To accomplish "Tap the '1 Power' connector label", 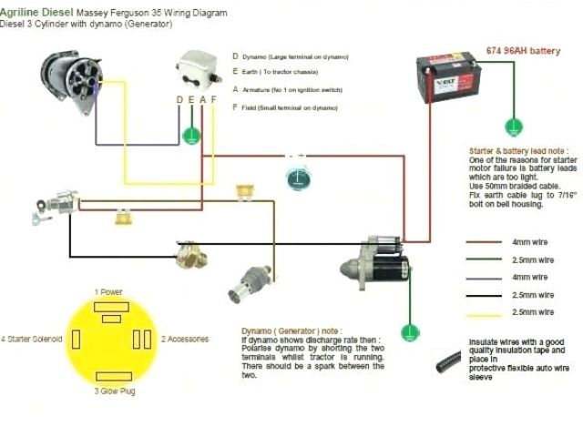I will coord(108,292).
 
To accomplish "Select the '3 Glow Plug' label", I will coord(110,391).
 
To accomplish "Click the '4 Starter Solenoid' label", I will coord(32,339).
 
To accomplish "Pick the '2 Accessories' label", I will coord(186,339).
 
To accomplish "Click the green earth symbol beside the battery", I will coord(516,119).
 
